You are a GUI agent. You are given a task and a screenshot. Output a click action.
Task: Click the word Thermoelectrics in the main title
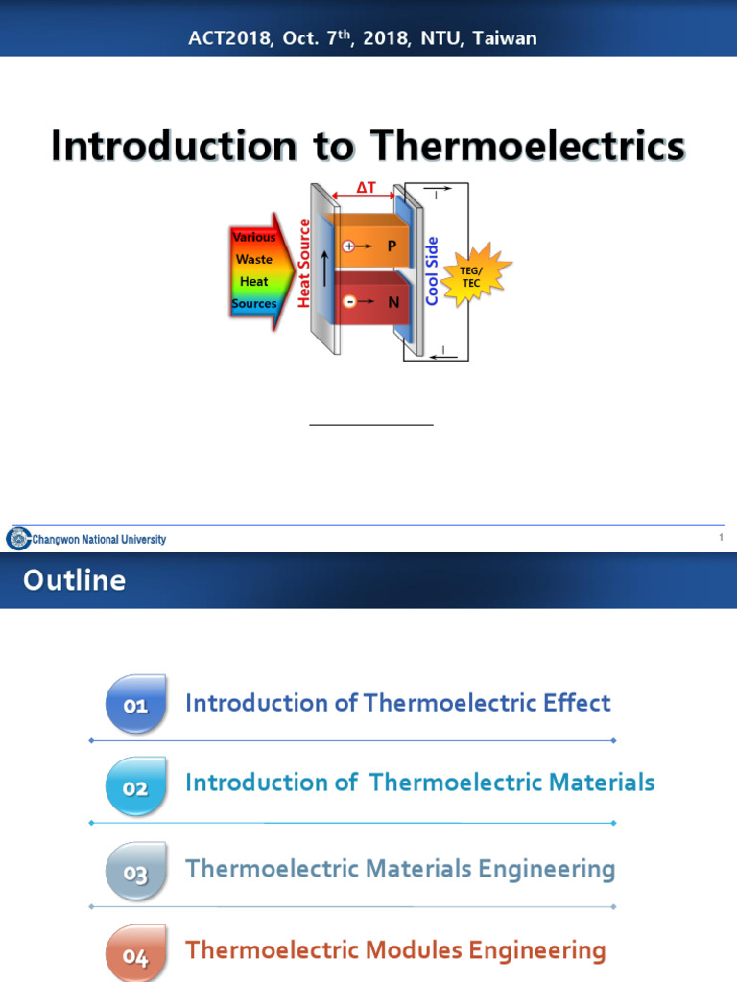tap(528, 146)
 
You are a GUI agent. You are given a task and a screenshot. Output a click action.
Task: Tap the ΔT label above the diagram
tap(367, 189)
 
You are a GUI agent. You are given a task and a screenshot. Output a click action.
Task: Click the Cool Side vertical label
tap(433, 271)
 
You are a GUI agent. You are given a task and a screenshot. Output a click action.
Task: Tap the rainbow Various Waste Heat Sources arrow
tap(254, 271)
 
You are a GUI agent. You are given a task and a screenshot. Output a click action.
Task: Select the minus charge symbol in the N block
tap(348, 301)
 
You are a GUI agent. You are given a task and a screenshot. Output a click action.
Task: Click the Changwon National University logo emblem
tap(18, 539)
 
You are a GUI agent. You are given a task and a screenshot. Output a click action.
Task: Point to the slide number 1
tap(721, 539)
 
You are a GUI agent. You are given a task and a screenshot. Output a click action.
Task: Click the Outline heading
tap(74, 580)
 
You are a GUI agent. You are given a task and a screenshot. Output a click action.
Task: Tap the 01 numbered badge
tap(135, 706)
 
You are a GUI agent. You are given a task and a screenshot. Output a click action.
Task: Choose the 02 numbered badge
tap(135, 788)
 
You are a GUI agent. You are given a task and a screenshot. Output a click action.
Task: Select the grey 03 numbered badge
tap(135, 872)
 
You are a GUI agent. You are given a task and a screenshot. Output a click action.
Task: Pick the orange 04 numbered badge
tap(135, 954)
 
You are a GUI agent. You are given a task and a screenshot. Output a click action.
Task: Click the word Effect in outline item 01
tap(573, 703)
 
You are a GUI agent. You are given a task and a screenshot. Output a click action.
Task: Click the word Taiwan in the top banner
tap(507, 38)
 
